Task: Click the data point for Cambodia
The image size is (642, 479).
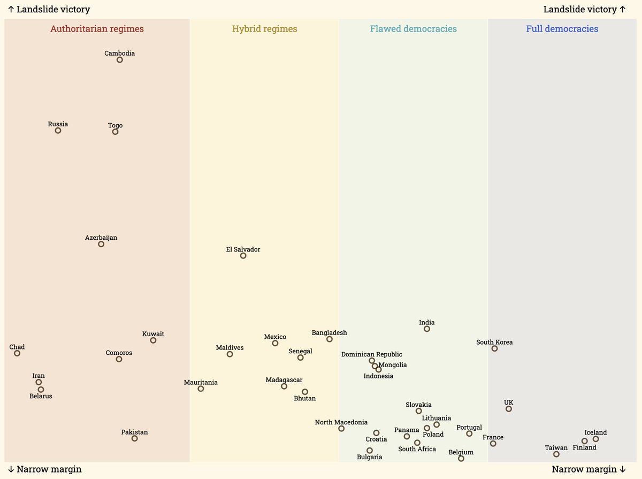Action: [x=120, y=60]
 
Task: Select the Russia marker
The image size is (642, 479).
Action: [x=58, y=131]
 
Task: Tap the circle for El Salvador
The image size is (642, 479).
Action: [x=243, y=256]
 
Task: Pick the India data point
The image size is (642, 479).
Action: [x=427, y=329]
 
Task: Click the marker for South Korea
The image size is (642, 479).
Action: [x=494, y=349]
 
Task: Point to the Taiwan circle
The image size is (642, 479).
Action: [x=556, y=454]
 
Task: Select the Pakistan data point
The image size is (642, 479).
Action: [x=135, y=439]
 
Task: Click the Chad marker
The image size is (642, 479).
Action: [x=17, y=353]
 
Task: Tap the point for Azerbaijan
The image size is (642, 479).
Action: [x=101, y=245]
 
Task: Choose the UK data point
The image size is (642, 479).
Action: [x=509, y=409]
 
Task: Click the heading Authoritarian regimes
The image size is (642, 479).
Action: [x=97, y=29]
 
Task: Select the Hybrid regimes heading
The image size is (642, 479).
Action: [x=264, y=29]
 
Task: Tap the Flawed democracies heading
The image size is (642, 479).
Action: [x=413, y=29]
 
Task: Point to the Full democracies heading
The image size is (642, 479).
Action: [x=562, y=29]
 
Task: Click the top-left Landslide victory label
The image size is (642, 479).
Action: [x=49, y=10]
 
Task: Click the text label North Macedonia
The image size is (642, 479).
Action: [x=341, y=422]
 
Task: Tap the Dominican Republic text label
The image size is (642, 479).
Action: [x=372, y=354]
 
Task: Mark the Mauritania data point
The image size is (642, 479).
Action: [x=201, y=389]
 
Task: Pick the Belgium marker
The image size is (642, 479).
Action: [x=461, y=459]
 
